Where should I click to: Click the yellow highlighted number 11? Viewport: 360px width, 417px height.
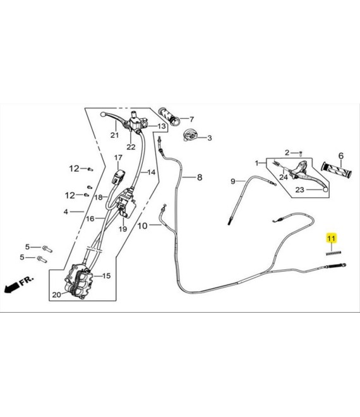coord(332,238)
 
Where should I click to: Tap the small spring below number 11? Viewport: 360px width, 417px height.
coord(333,253)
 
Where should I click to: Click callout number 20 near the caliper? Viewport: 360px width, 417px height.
coord(56,294)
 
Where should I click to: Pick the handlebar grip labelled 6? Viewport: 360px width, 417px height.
coord(336,170)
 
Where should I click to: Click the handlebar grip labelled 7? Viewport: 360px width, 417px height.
coord(169,117)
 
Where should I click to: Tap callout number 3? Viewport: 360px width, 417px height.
coord(210,138)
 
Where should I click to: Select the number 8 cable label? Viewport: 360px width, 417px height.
coord(200,177)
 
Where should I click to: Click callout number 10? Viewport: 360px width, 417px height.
coord(142,226)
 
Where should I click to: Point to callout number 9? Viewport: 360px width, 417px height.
coord(233,181)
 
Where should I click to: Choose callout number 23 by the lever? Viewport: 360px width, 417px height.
coord(299,190)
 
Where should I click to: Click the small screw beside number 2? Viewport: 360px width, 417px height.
coord(301,153)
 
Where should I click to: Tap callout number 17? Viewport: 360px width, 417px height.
coord(118,158)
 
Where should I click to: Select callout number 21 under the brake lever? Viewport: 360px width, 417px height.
coord(114,135)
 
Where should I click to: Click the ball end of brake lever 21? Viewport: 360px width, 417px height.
coord(103,114)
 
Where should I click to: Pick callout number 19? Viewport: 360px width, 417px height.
coord(123,229)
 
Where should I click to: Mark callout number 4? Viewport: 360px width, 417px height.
coord(66,212)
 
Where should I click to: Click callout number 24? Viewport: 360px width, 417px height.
coord(284,177)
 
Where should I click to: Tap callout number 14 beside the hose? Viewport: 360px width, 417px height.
coord(152,172)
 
